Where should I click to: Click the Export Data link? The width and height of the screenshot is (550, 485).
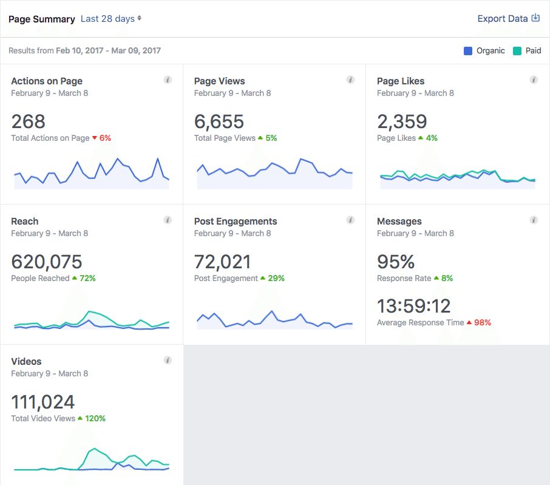tap(508, 19)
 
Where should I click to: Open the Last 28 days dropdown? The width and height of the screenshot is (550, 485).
tap(111, 19)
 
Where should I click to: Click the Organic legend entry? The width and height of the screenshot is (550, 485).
tap(484, 51)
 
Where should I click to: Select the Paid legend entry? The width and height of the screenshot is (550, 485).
tap(527, 51)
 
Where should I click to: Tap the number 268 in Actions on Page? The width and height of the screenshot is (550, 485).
tap(28, 121)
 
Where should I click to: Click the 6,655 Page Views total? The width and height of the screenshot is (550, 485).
tap(219, 121)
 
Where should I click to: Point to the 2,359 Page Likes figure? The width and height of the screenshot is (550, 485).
tap(402, 121)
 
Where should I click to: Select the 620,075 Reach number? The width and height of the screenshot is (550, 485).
tap(46, 262)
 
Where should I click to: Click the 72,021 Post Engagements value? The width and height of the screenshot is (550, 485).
tap(222, 262)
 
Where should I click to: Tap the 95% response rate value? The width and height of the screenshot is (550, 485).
tap(396, 262)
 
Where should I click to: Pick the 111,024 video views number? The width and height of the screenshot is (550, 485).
tap(42, 402)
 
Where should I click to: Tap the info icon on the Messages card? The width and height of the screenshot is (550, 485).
tap(534, 220)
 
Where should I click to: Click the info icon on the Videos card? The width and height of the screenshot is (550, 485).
tap(168, 361)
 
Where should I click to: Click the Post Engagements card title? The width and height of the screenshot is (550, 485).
tap(236, 222)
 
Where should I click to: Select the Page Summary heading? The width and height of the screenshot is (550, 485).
tap(42, 19)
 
